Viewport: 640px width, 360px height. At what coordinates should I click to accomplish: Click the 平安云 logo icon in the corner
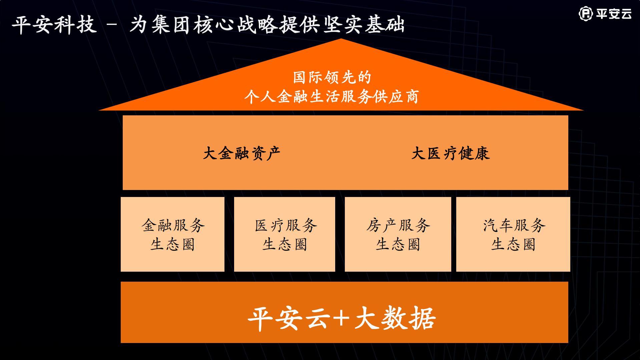click(586, 14)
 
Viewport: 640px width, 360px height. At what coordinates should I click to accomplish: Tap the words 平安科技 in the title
click(54, 25)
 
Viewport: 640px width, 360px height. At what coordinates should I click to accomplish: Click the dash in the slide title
click(113, 25)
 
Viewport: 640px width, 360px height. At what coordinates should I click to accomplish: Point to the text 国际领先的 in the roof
click(332, 77)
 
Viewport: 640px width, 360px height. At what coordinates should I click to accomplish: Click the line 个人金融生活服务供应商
click(332, 97)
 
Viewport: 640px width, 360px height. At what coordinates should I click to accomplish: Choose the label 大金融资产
click(241, 153)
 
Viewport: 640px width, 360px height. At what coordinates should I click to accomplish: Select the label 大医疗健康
click(451, 153)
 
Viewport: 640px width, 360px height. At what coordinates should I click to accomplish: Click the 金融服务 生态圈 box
click(172, 234)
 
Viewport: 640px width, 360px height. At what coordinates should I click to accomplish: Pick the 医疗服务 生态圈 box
click(284, 234)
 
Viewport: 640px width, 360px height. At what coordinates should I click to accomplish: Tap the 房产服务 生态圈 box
click(398, 234)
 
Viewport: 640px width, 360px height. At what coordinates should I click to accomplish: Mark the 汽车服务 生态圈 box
click(513, 234)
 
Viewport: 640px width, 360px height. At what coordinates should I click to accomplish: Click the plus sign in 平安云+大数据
click(341, 318)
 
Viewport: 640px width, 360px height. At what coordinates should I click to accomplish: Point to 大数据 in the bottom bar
click(396, 318)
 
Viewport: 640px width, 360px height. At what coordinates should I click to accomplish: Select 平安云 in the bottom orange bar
click(289, 318)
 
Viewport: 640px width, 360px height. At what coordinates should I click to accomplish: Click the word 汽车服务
click(514, 225)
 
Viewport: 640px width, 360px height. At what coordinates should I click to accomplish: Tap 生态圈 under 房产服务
click(398, 244)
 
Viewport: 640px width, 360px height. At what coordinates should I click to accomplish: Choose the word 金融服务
click(173, 225)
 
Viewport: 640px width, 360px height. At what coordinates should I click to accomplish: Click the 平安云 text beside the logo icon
click(614, 14)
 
